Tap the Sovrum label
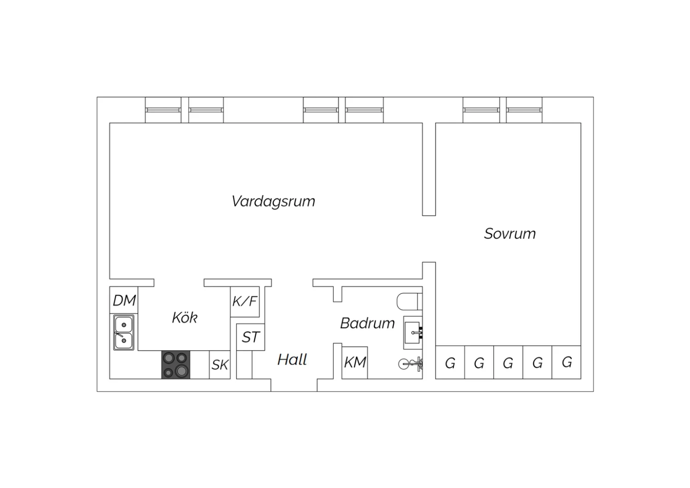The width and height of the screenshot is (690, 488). (510, 234)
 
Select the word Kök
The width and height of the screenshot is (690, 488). (184, 317)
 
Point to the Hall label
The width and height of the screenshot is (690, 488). (292, 360)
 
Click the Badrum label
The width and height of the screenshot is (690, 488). (367, 323)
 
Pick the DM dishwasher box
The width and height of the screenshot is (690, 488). (124, 300)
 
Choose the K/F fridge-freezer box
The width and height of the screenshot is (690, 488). (245, 302)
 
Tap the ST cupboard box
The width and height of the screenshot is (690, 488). (250, 337)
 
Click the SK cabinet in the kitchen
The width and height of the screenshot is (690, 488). (219, 365)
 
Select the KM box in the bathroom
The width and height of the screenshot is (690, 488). (355, 362)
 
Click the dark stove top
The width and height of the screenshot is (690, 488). (176, 365)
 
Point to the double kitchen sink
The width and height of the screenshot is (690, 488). (124, 332)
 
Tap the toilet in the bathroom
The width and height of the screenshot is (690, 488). (409, 301)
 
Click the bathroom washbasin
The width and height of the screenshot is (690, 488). (413, 333)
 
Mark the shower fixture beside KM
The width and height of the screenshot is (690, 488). (410, 364)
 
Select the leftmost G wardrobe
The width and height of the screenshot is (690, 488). (450, 362)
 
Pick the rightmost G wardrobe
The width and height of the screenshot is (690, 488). (566, 362)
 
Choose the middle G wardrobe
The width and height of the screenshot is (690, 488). (508, 362)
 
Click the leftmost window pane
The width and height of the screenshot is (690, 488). (163, 110)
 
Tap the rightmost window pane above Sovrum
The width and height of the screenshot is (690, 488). (524, 110)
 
